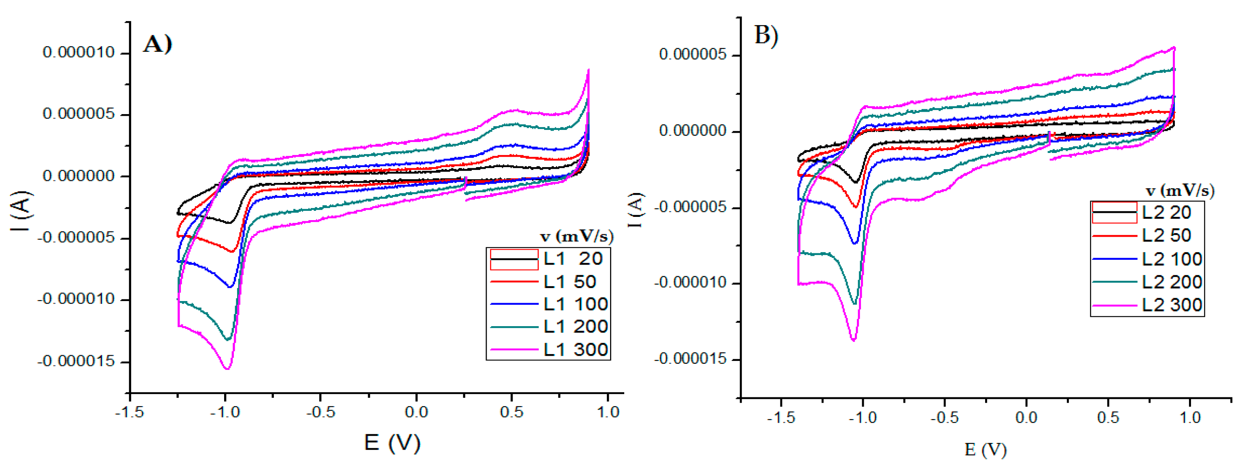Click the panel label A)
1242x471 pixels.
pyautogui.click(x=157, y=45)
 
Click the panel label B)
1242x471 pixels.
pyautogui.click(x=766, y=36)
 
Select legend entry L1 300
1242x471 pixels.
pyautogui.click(x=575, y=350)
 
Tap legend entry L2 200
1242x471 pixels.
pyautogui.click(x=1172, y=282)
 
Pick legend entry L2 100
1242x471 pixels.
pyautogui.click(x=1172, y=259)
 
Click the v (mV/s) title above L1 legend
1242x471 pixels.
pyautogui.click(x=576, y=236)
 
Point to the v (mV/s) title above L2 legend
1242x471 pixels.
pyautogui.click(x=1180, y=191)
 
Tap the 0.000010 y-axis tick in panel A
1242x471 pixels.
pyautogui.click(x=79, y=52)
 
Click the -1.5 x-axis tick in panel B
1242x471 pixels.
pyautogui.click(x=781, y=418)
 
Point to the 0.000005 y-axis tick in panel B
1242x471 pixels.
pyautogui.click(x=692, y=55)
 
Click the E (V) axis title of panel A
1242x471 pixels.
pyautogui.click(x=392, y=443)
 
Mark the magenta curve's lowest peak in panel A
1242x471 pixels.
pyautogui.click(x=227, y=369)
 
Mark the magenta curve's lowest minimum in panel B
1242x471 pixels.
pyautogui.click(x=854, y=340)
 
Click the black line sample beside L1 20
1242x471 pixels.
pyautogui.click(x=514, y=260)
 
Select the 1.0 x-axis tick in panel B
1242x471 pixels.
pyautogui.click(x=1190, y=418)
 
